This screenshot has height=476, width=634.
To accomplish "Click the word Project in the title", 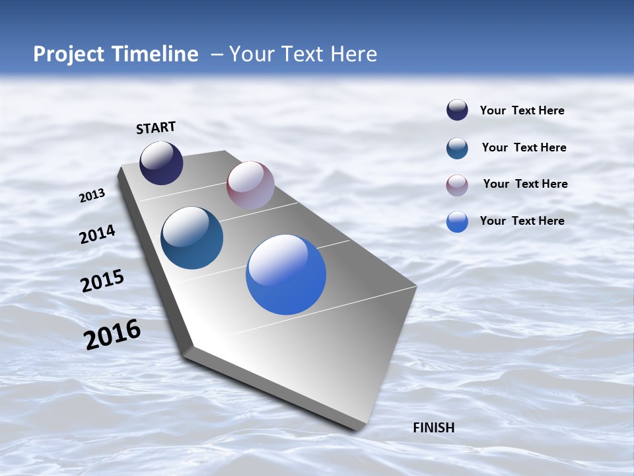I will (68, 54).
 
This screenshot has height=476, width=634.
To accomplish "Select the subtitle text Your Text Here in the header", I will (303, 54).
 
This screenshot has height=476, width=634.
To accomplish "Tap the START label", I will (156, 128).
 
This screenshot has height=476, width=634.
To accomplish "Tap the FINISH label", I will (433, 428).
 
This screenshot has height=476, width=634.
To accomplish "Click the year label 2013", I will (92, 196).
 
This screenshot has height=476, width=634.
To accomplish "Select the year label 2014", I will (97, 235).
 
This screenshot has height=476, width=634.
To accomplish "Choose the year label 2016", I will (112, 335).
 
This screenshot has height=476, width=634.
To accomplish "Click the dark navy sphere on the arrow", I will (161, 163).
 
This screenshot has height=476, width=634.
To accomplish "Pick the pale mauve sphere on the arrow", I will (250, 185).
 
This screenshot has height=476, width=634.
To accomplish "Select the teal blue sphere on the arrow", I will (192, 238).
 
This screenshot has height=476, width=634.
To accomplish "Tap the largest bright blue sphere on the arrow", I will (286, 274).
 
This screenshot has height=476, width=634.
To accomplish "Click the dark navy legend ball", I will (457, 110).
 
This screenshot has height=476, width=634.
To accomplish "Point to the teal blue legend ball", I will (457, 148).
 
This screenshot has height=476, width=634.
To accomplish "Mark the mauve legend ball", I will (457, 185).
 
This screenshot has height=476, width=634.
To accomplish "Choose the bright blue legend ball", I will (457, 222).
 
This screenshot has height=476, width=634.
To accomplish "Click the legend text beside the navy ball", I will (522, 111).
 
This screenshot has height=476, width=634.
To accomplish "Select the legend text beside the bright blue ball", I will (522, 221).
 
